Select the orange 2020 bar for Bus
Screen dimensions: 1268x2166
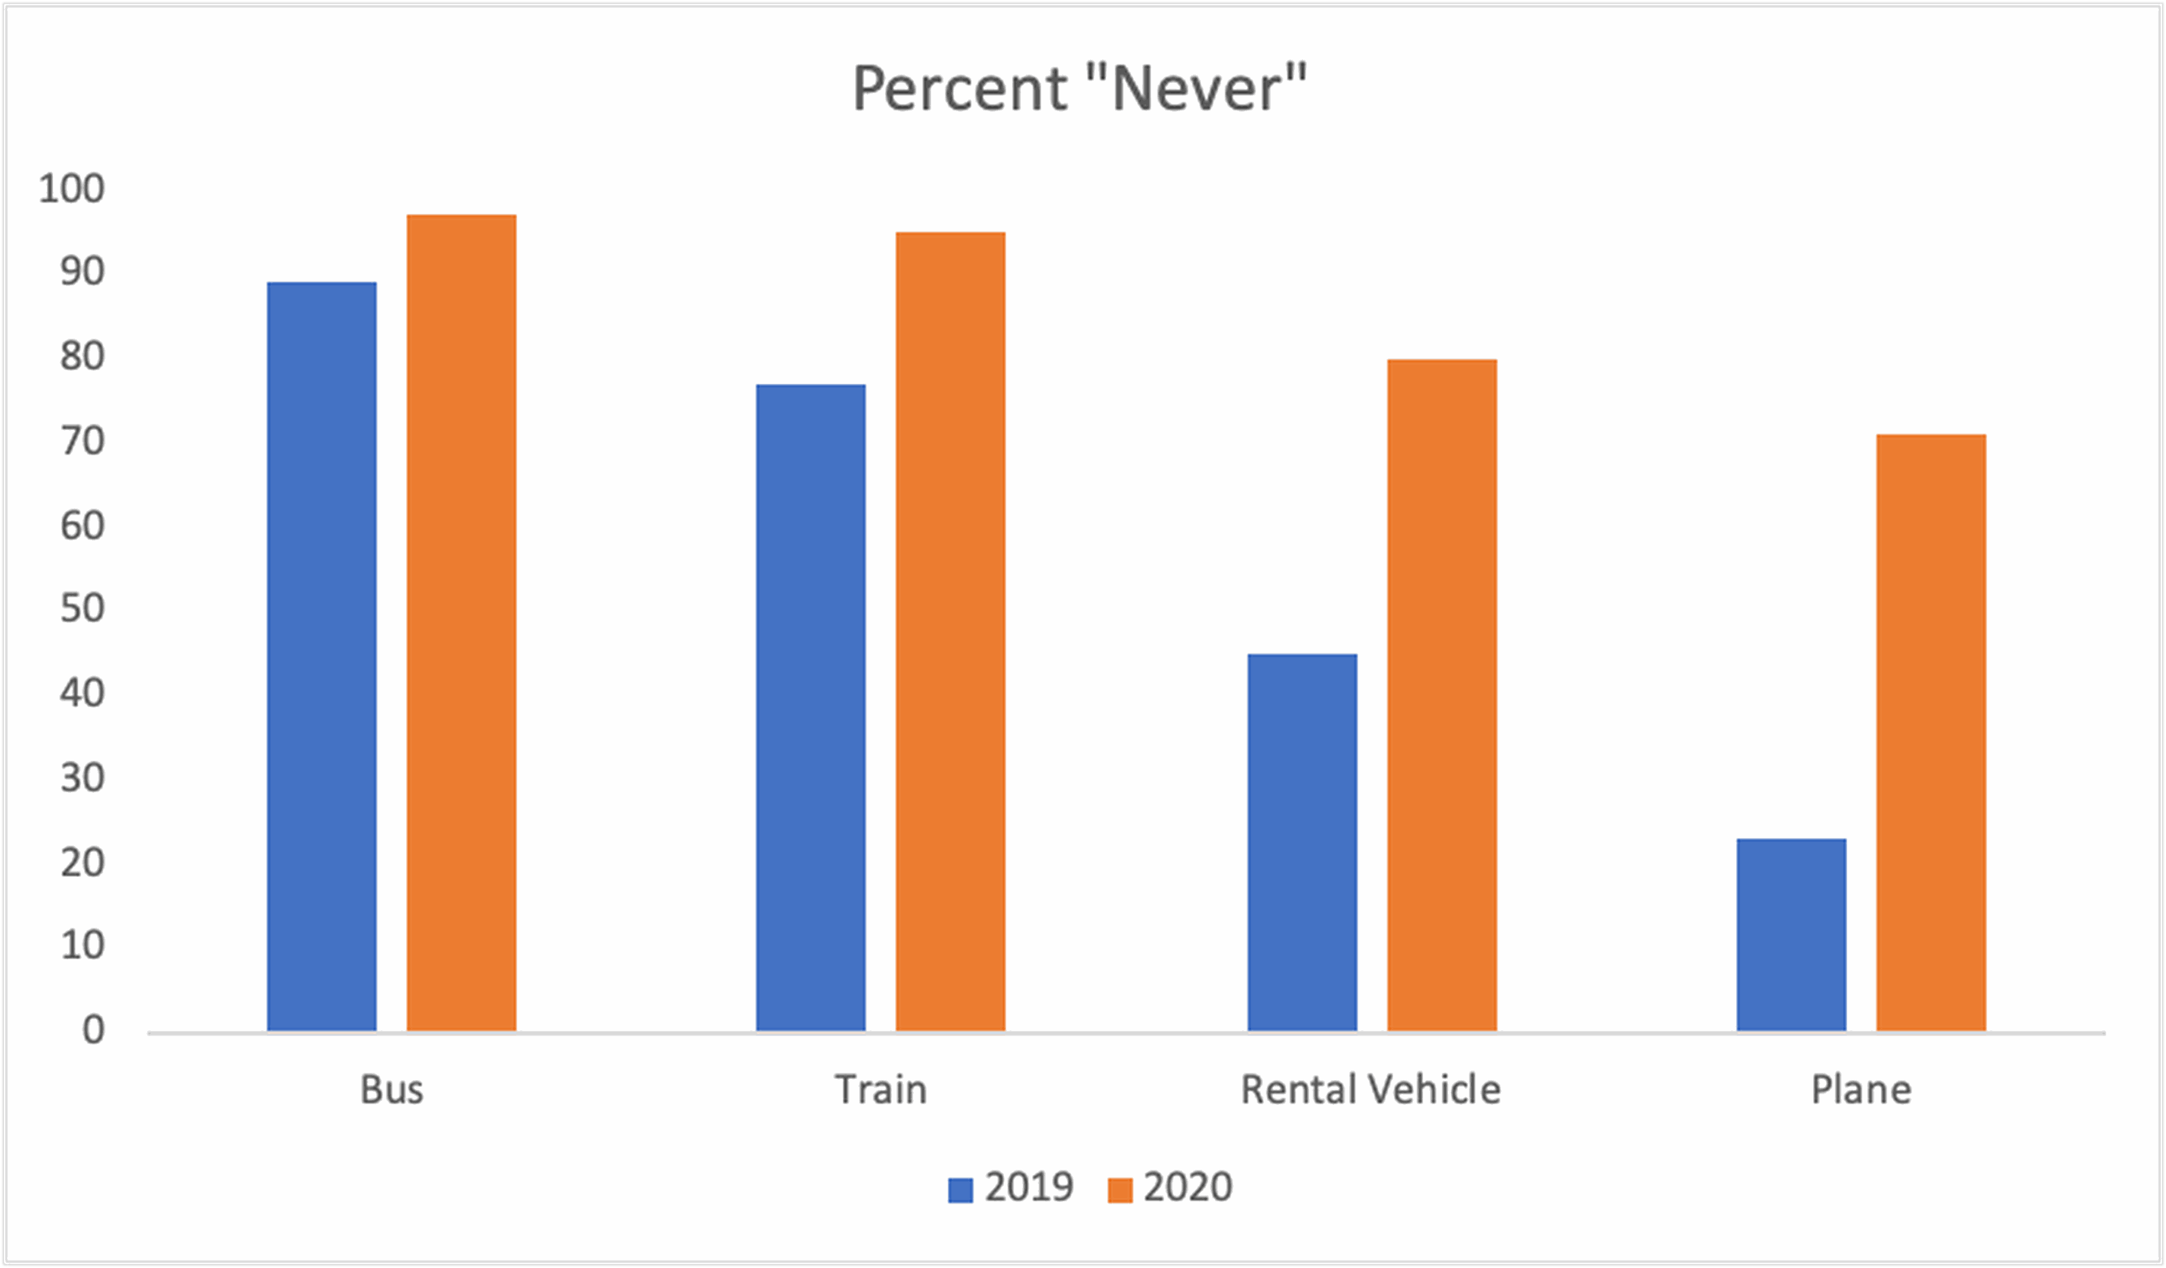(461, 622)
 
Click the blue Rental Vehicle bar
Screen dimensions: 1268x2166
(1302, 843)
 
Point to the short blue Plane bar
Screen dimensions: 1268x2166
(1791, 934)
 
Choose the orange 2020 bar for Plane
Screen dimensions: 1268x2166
(1931, 732)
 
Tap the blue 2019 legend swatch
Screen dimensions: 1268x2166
(960, 1190)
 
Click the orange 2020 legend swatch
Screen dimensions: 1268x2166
(1120, 1190)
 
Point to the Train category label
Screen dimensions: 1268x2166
(881, 1090)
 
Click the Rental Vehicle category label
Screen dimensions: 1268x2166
(1371, 1090)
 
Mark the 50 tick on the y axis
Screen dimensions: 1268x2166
(82, 609)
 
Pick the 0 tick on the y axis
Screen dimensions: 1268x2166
(94, 1030)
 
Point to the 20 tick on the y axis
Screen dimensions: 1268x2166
(82, 862)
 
